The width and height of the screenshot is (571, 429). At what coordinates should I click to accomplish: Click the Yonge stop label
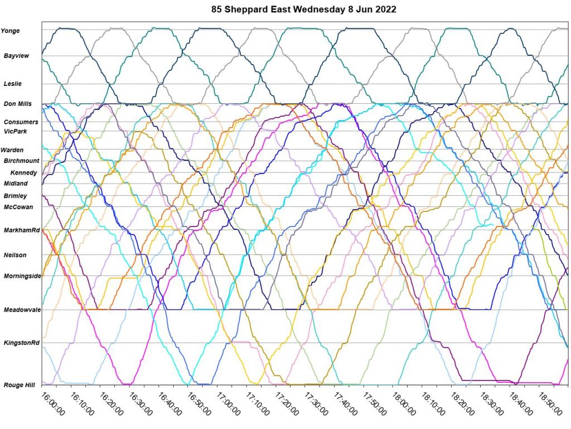click(x=10, y=31)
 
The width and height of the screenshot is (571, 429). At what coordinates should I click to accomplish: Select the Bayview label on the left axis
click(x=16, y=56)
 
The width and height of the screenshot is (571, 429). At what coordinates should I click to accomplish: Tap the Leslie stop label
click(x=12, y=84)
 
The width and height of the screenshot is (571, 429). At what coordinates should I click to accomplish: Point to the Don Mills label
click(x=17, y=104)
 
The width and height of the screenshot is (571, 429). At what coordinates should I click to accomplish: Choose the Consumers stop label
click(x=21, y=122)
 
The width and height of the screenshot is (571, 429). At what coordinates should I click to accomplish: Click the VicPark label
click(x=15, y=131)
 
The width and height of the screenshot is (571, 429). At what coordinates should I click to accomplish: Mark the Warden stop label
click(x=12, y=150)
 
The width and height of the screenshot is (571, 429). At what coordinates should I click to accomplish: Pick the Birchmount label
click(x=22, y=161)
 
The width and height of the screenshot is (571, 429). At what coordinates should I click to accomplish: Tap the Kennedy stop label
click(x=23, y=172)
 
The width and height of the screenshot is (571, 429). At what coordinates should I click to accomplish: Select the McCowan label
click(x=18, y=207)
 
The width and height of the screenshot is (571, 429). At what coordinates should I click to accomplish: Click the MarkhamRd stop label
click(x=22, y=230)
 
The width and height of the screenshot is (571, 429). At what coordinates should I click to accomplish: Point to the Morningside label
click(x=22, y=276)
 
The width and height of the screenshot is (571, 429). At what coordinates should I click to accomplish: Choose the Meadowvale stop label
click(x=22, y=310)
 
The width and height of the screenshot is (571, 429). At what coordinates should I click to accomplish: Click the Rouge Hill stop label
click(x=18, y=384)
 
